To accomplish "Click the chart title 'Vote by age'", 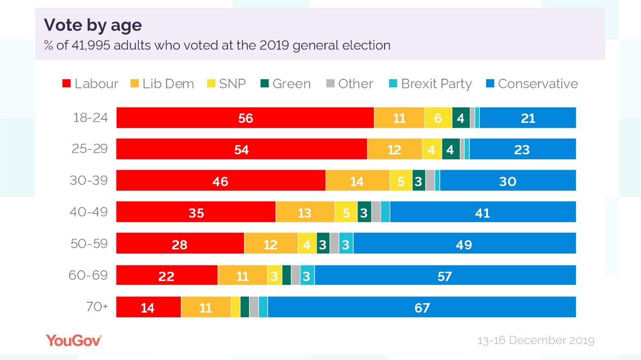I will click(x=92, y=25).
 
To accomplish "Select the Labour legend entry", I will click(x=90, y=84).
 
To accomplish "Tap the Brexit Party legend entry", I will click(x=430, y=84).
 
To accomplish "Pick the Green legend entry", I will click(x=285, y=84).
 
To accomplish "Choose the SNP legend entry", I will click(x=226, y=84).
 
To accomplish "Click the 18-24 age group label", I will click(x=91, y=118).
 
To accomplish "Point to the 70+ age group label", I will click(x=97, y=307).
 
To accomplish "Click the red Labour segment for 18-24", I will click(x=245, y=118).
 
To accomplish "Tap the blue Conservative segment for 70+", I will click(x=422, y=307).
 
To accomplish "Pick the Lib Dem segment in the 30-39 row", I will click(x=357, y=181).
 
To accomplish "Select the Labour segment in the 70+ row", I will click(x=148, y=307).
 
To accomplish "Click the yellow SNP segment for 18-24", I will click(x=438, y=118).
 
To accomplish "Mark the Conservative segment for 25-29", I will click(x=523, y=149).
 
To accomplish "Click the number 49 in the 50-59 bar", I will click(x=464, y=244).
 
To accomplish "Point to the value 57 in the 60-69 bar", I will click(x=444, y=276).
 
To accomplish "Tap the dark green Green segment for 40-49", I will click(x=364, y=212).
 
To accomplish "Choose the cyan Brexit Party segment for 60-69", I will click(x=307, y=276).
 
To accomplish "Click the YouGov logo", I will click(x=74, y=340).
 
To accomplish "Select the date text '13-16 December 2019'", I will click(x=535, y=340).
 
